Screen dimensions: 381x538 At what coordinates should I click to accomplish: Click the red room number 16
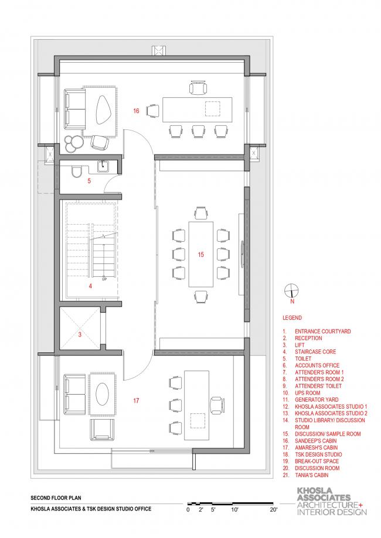click(x=137, y=111)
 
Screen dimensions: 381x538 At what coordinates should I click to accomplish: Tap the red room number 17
click(x=137, y=400)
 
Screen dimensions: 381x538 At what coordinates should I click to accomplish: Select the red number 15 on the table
click(x=200, y=255)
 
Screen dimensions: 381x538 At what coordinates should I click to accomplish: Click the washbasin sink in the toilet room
click(x=103, y=167)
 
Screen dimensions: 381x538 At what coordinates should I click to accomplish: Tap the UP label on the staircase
click(x=104, y=279)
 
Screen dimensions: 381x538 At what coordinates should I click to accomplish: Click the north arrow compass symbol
click(x=291, y=291)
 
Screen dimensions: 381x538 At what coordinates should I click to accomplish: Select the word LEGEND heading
click(x=292, y=318)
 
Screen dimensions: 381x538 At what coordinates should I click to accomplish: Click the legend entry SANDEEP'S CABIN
click(x=316, y=441)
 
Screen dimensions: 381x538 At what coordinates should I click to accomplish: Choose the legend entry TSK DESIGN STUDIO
click(x=318, y=455)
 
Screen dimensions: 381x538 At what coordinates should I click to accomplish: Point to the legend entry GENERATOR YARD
click(x=317, y=400)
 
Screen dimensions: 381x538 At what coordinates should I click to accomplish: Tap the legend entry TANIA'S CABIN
click(x=312, y=475)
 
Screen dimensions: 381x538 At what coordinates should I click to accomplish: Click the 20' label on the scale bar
click(x=274, y=509)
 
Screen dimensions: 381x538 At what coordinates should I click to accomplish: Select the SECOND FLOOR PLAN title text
click(x=56, y=498)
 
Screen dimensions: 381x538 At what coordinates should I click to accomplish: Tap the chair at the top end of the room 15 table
click(x=200, y=213)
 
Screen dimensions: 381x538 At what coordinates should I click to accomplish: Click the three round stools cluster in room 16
click(x=73, y=144)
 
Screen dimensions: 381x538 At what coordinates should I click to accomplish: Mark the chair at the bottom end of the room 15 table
click(x=200, y=296)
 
